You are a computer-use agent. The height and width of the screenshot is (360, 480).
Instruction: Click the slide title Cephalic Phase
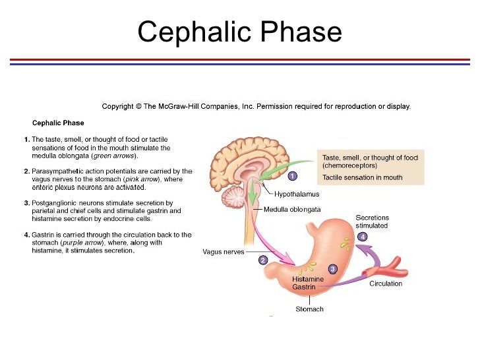click(x=239, y=31)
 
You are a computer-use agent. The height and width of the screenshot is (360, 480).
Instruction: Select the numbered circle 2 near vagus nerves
click(x=262, y=260)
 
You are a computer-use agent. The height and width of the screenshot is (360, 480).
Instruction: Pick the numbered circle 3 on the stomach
click(x=332, y=269)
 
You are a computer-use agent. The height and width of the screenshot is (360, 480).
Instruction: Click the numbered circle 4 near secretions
click(x=362, y=236)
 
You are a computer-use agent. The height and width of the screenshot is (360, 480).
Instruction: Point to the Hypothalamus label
click(x=296, y=195)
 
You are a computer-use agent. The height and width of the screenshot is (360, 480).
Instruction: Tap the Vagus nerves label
click(x=223, y=252)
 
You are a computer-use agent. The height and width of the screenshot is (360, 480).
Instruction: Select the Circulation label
click(x=386, y=284)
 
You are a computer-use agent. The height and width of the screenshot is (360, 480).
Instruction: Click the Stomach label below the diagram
click(x=309, y=309)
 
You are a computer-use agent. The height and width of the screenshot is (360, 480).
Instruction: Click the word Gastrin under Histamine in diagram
click(x=303, y=287)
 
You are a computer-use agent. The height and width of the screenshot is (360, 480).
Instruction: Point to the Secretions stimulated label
click(x=372, y=222)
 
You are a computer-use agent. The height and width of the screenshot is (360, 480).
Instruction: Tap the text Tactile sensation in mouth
click(x=362, y=177)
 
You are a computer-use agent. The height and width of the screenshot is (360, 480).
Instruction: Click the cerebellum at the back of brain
click(x=233, y=196)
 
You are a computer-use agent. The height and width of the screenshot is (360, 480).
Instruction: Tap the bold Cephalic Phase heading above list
click(x=58, y=123)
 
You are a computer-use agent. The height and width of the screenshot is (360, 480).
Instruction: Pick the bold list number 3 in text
click(x=26, y=203)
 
